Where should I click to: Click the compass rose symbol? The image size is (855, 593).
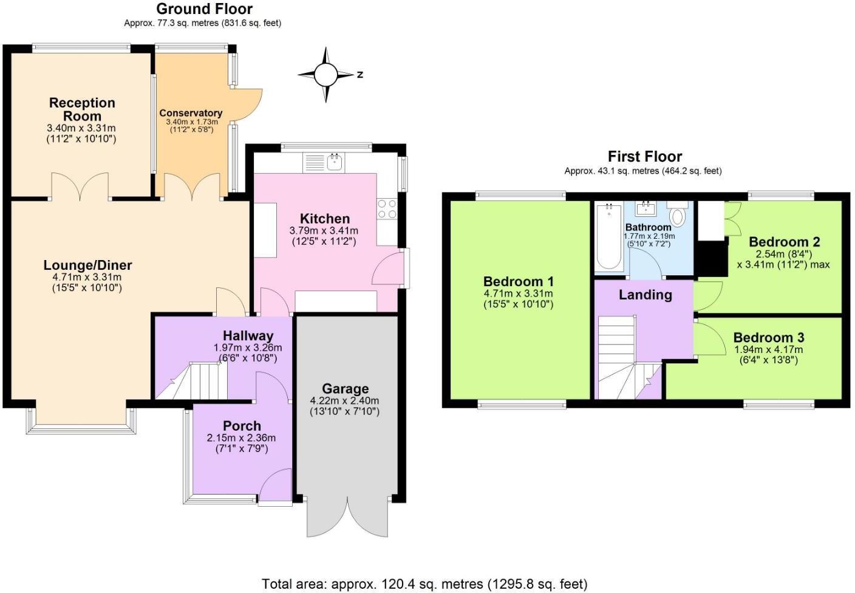pos(325,75)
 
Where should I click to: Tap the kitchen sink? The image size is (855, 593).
pos(334,162)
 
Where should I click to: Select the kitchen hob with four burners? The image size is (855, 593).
pos(387,209)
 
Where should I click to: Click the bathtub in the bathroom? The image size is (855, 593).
pos(608,237)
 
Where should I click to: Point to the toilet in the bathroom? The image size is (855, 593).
pos(678,214)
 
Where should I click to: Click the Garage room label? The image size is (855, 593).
pos(345,389)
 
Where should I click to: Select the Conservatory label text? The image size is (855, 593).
pos(191,113)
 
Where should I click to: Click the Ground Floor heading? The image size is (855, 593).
pos(204,9)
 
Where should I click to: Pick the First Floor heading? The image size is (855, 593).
pos(645,157)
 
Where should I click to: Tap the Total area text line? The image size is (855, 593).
pos(424,584)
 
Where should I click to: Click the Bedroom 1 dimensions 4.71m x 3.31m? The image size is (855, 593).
pos(518,293)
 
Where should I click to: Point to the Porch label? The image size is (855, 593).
pos(242,426)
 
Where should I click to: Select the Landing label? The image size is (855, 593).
pos(645,295)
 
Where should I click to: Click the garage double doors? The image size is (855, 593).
pos(347,516)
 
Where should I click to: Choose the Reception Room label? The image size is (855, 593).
pos(82,109)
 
